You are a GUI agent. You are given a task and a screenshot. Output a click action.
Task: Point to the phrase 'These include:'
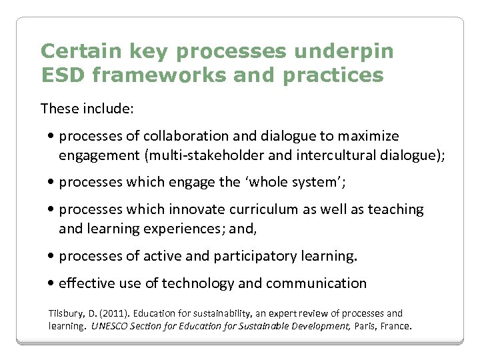click(87, 108)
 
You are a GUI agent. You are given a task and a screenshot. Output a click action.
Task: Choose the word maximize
click(368, 137)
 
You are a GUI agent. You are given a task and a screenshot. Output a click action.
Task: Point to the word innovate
click(194, 209)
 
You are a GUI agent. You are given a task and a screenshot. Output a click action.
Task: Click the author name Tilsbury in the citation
click(65, 313)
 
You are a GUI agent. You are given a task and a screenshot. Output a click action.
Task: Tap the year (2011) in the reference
click(111, 313)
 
